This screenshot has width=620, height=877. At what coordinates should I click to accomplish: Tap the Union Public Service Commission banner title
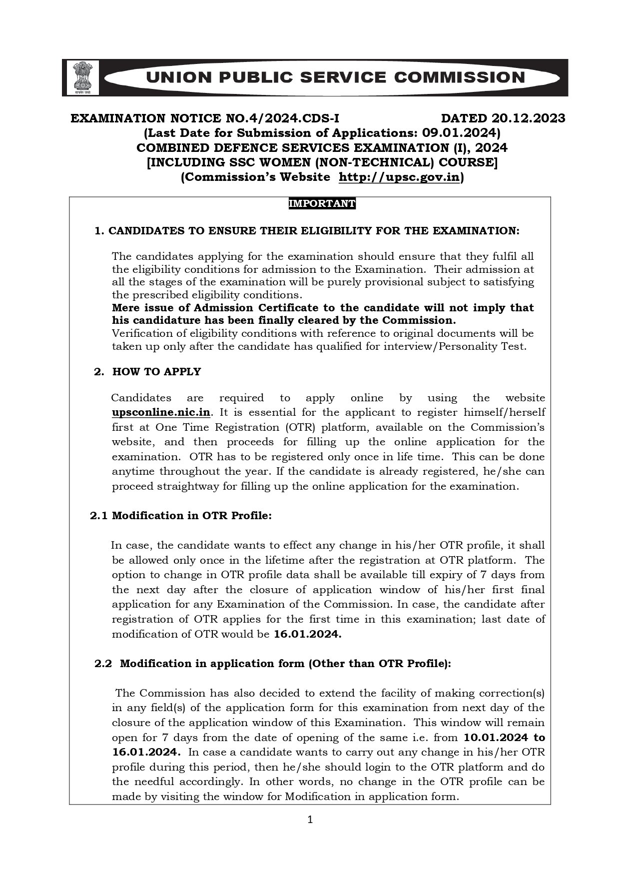coord(334,77)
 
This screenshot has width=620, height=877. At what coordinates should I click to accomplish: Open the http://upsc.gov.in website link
coord(399,177)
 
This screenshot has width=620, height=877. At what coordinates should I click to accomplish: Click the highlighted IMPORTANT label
coord(322,204)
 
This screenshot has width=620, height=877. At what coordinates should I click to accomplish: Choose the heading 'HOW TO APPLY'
coord(156,372)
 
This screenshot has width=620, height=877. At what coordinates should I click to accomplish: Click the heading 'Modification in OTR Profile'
coord(191,516)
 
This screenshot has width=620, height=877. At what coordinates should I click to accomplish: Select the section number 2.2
coord(103,664)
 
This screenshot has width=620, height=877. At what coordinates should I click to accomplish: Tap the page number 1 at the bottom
coord(310,820)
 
